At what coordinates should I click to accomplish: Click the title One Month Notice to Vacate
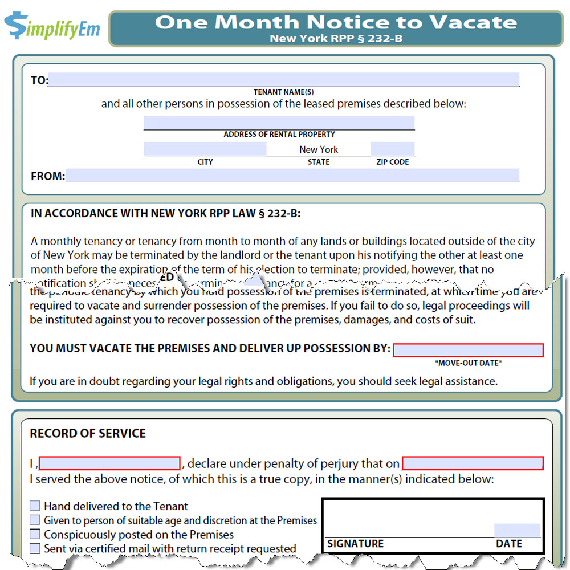pos(336,22)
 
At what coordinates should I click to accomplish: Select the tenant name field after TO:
pos(284,79)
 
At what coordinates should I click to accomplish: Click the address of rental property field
pos(279,123)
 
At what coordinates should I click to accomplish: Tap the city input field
pos(205,149)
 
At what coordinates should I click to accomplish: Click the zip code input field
pos(392,149)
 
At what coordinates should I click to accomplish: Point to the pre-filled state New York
pos(319,149)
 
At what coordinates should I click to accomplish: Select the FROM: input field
pos(292,176)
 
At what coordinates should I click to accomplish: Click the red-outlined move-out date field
pos(468,350)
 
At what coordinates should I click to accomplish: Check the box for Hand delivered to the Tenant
pos(35,506)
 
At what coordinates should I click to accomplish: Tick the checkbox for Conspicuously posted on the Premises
pos(35,534)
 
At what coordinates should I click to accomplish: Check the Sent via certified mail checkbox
pos(35,548)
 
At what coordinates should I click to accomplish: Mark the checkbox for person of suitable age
pos(35,520)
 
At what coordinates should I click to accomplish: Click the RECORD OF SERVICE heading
pos(88,433)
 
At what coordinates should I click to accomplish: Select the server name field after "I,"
pos(109,463)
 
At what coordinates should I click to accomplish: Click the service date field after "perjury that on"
pos(473,463)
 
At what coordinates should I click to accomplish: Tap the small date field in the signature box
pos(516,530)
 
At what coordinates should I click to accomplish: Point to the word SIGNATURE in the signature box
pos(355,544)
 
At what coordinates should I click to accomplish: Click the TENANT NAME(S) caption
pos(283,92)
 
